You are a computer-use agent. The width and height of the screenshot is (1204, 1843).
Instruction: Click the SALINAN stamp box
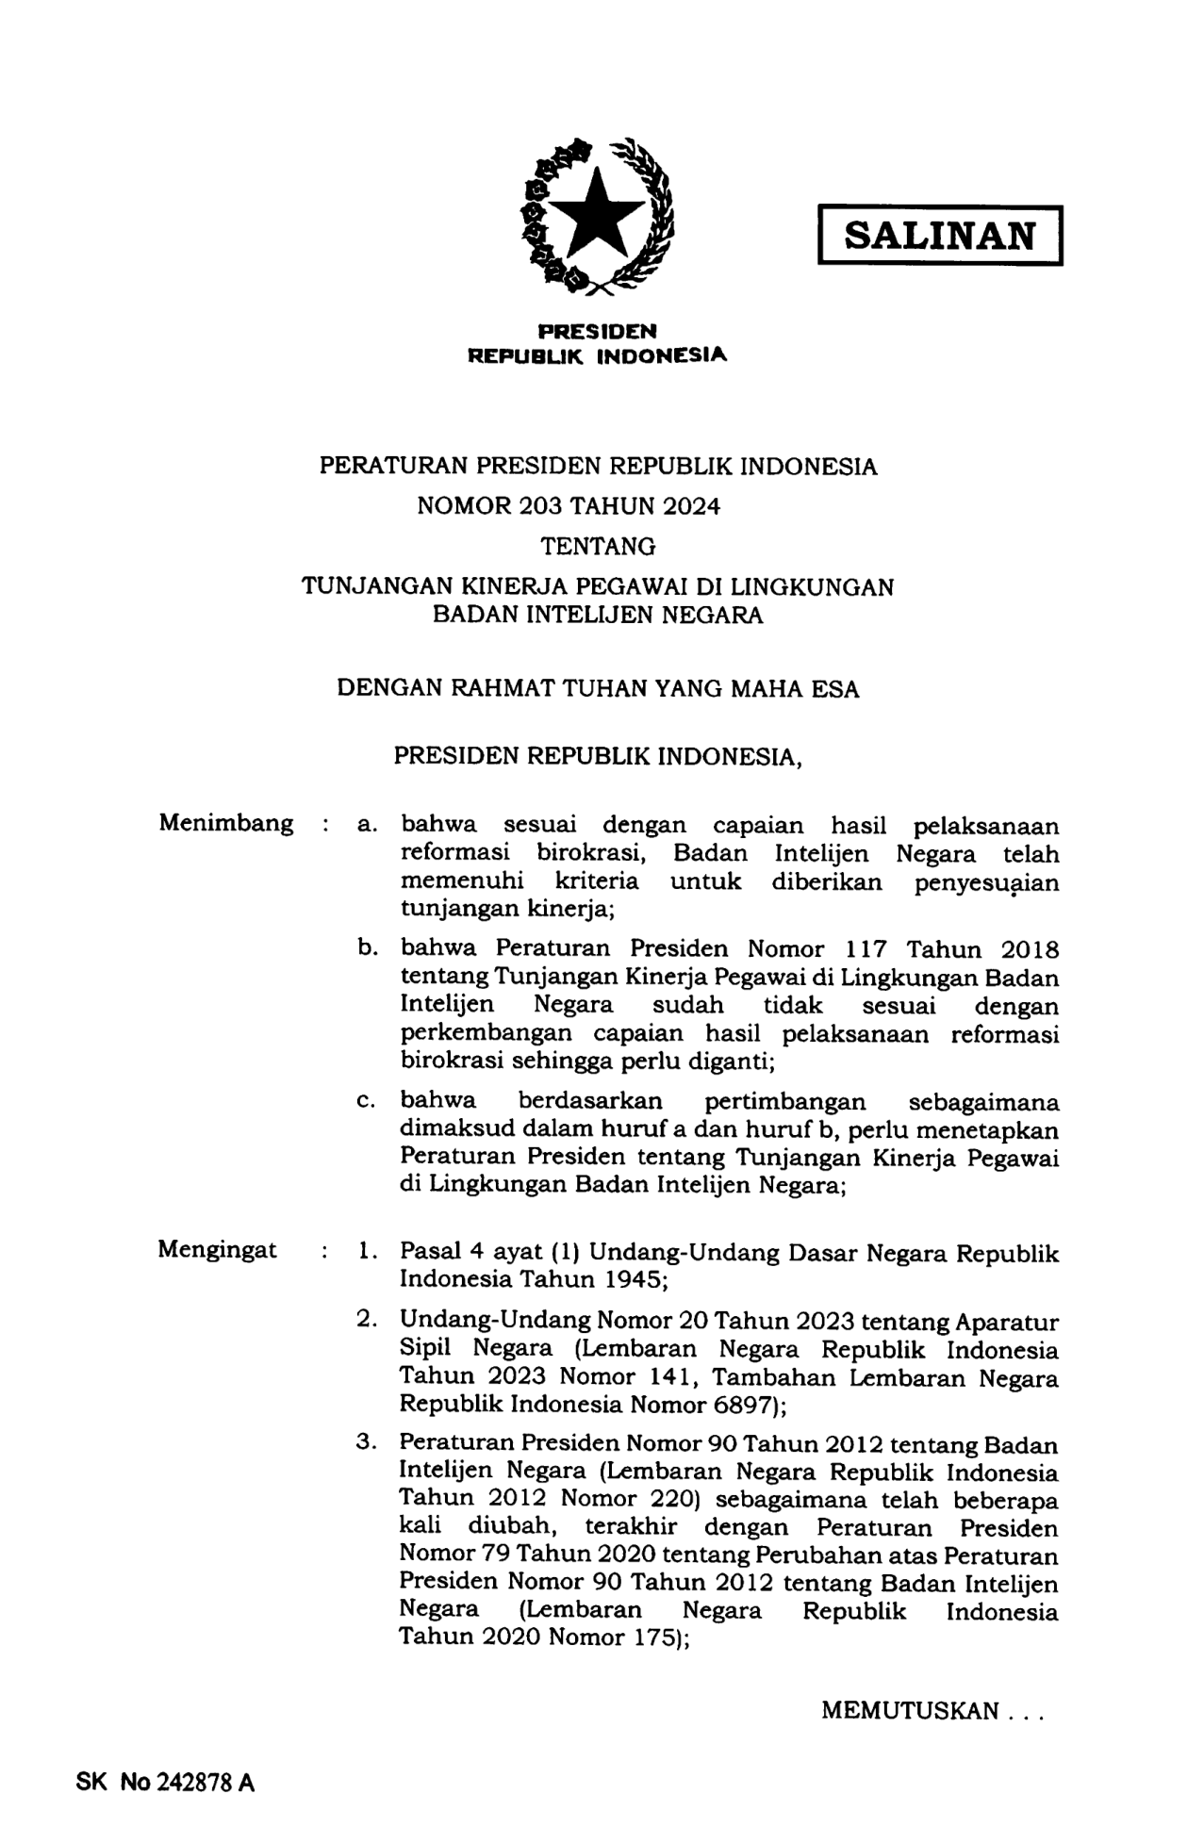[x=940, y=235]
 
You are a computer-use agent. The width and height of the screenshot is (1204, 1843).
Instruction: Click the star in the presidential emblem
[x=597, y=215]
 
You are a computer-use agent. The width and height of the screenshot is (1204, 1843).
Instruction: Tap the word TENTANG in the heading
[x=598, y=547]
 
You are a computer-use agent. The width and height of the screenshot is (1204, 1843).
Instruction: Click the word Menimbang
[x=225, y=823]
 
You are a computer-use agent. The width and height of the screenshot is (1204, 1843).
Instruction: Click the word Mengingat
[x=217, y=1250]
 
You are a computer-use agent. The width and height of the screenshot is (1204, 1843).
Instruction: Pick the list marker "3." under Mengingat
[x=368, y=1443]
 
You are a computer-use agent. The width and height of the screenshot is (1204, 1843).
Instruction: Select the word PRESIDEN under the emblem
[x=597, y=331]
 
